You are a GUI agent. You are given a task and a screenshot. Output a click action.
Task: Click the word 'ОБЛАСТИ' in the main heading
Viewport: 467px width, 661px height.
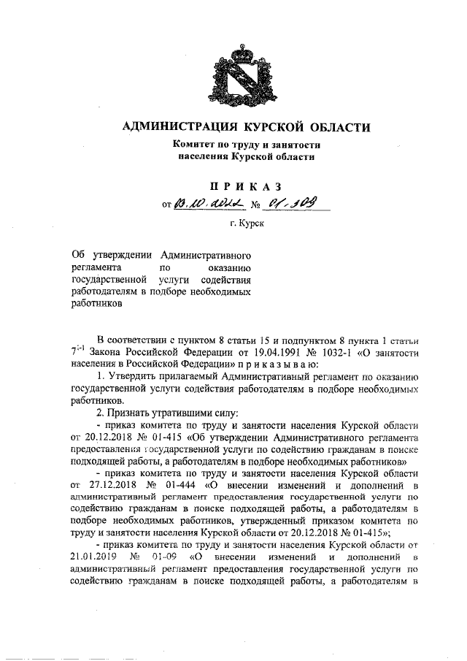[x=332, y=128]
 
